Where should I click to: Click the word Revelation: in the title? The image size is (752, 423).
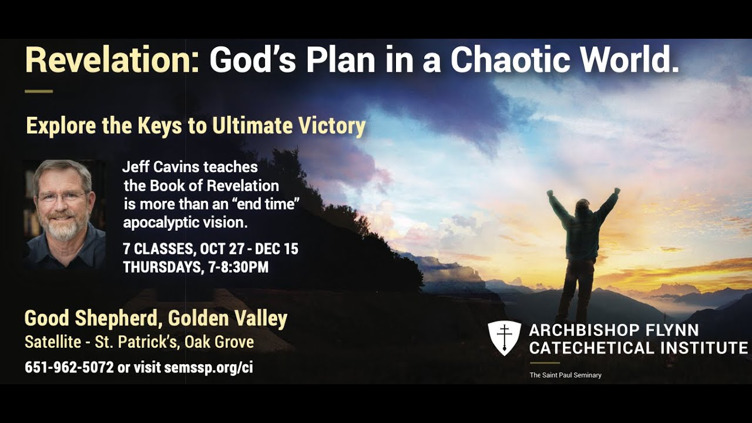[x=112, y=60]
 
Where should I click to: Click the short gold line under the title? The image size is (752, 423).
[x=39, y=92]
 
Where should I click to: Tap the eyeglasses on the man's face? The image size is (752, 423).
[x=62, y=197]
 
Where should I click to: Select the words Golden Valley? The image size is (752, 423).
[x=228, y=319]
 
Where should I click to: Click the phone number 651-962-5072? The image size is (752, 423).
[x=69, y=368]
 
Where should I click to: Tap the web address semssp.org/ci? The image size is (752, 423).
[x=209, y=368]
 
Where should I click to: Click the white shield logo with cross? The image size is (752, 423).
[x=504, y=338]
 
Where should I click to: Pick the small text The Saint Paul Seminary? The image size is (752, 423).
[x=565, y=375]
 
